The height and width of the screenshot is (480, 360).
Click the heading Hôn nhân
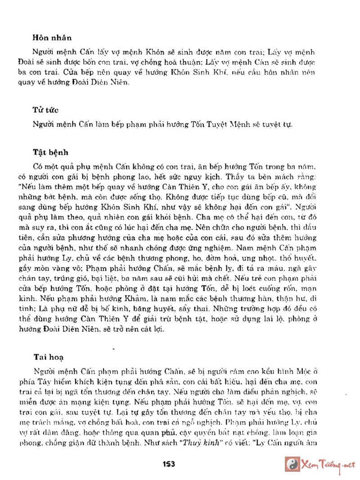(52, 38)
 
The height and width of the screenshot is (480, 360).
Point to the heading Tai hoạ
(48, 357)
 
